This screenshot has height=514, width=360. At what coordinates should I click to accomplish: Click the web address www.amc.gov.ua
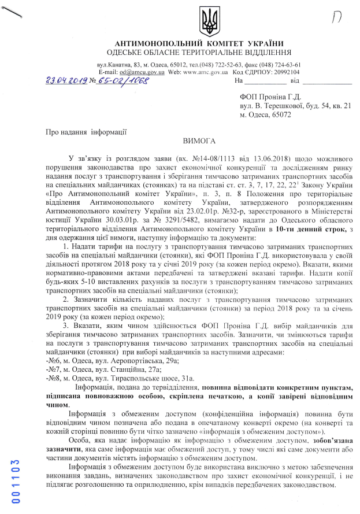tap(207, 72)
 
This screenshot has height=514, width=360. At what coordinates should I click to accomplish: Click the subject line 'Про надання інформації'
tap(87, 132)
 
